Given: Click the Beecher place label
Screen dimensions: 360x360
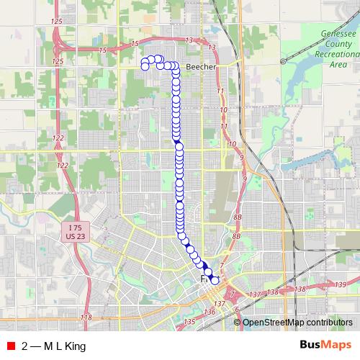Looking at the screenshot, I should tap(197, 66).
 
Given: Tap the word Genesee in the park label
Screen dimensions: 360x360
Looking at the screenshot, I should tap(336, 34).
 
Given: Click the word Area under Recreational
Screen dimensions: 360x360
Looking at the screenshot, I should tap(338, 64).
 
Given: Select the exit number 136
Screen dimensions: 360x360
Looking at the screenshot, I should tap(209, 312).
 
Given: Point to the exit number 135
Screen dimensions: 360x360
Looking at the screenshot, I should tap(190, 321).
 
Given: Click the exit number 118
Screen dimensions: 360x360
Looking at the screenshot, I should tap(87, 318).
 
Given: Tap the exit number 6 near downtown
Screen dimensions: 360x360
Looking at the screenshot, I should tap(237, 309).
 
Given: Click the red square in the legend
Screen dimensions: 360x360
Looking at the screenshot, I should tap(10, 346).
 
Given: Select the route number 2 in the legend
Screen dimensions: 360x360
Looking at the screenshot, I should tap(26, 346).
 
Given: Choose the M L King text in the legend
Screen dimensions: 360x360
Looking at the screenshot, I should tap(65, 346).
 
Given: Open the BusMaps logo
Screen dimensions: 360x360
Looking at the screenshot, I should tap(325, 346).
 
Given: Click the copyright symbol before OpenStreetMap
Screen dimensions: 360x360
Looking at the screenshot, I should tap(238, 323).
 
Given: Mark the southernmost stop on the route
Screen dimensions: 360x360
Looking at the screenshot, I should tap(215, 280).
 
